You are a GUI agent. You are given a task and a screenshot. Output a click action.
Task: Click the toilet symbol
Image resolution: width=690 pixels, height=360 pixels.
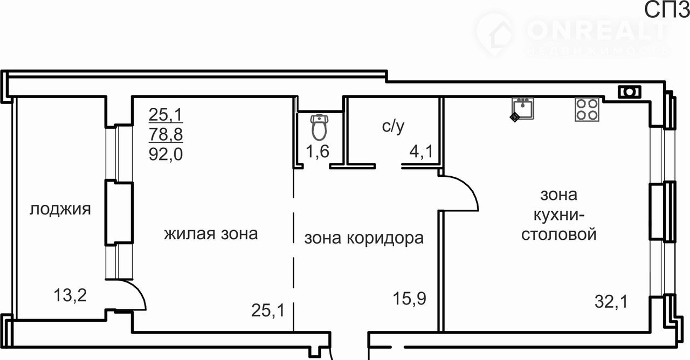tap(319, 127)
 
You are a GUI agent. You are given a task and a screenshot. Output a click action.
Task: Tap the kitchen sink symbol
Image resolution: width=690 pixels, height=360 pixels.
tap(523, 109)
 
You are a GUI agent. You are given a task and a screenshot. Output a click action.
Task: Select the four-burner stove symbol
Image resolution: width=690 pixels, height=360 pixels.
tap(587, 109)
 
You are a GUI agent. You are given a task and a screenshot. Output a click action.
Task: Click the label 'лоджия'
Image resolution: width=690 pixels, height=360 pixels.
tap(60, 210)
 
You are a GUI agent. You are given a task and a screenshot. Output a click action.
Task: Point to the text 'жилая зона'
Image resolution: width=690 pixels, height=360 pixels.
tap(211, 234)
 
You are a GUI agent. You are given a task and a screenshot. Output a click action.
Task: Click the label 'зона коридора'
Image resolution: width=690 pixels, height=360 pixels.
tap(364, 238)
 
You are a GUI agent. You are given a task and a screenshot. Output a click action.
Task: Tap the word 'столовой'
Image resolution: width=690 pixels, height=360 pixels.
tap(559, 234)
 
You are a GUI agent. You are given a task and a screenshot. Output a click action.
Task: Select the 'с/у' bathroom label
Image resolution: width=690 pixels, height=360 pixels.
tap(393, 126)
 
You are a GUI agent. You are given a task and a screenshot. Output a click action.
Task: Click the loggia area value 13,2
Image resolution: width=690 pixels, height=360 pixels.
tap(70, 295)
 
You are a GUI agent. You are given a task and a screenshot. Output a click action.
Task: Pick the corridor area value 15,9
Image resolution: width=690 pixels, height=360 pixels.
tap(409, 299)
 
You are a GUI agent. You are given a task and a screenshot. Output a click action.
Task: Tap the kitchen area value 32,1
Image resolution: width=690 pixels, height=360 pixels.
tap(611, 301)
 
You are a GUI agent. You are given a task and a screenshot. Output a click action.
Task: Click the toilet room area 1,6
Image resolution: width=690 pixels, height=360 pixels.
tap(318, 151)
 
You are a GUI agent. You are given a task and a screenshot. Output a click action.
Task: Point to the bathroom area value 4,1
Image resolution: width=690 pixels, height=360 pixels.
tap(421, 151)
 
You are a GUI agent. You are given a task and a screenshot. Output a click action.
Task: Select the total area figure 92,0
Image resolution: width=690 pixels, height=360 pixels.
tap(165, 154)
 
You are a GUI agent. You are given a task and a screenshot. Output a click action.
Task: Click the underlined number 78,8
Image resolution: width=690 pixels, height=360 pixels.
tap(165, 135)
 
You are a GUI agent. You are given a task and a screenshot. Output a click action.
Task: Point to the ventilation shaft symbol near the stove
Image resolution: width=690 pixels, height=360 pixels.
tap(630, 92)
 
